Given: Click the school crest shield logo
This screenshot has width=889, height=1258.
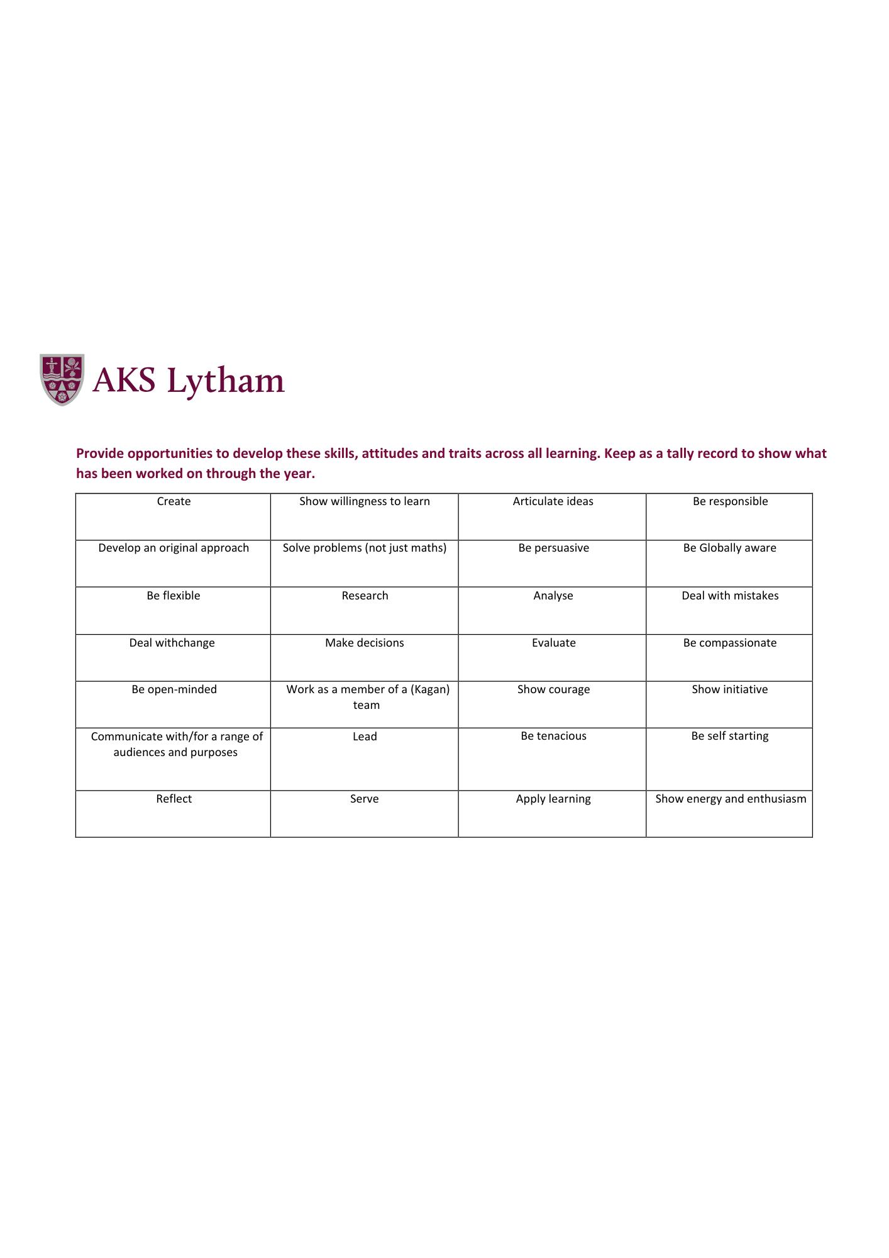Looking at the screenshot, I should tap(62, 379).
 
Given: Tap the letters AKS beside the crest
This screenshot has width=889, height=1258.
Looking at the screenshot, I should tap(124, 380).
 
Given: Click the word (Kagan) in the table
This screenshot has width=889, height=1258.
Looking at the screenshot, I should tap(430, 689).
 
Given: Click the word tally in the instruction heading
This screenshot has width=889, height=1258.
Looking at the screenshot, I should tap(683, 454).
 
